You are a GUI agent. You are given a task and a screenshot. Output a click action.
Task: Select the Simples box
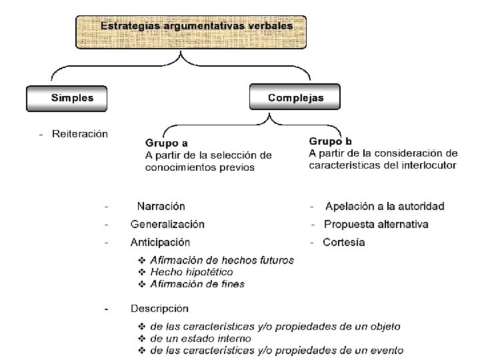pos(73,98)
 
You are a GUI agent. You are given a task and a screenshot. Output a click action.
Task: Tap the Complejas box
pos(295,98)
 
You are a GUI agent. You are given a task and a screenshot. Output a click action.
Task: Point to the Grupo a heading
pos(166,143)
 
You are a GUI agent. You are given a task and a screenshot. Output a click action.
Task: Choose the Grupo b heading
pos(331,141)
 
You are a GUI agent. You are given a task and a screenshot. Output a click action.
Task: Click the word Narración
pos(161,207)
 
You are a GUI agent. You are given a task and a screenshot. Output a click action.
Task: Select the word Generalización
pos(167,225)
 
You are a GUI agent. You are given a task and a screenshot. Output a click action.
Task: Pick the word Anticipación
pos(160,243)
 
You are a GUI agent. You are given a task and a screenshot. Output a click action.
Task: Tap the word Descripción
pos(159,309)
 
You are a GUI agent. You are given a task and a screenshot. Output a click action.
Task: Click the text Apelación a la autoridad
pos(385,207)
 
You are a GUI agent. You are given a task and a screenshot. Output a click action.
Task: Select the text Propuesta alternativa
pos(376,225)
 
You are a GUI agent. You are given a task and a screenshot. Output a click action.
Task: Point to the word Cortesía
pos(344,243)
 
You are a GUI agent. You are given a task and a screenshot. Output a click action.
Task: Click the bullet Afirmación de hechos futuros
pos(222,260)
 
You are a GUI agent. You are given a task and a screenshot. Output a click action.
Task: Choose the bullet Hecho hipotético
pos(191,272)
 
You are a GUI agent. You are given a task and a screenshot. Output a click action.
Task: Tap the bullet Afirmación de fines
pos(197,284)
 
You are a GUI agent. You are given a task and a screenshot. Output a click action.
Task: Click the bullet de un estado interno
pos(201,339)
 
